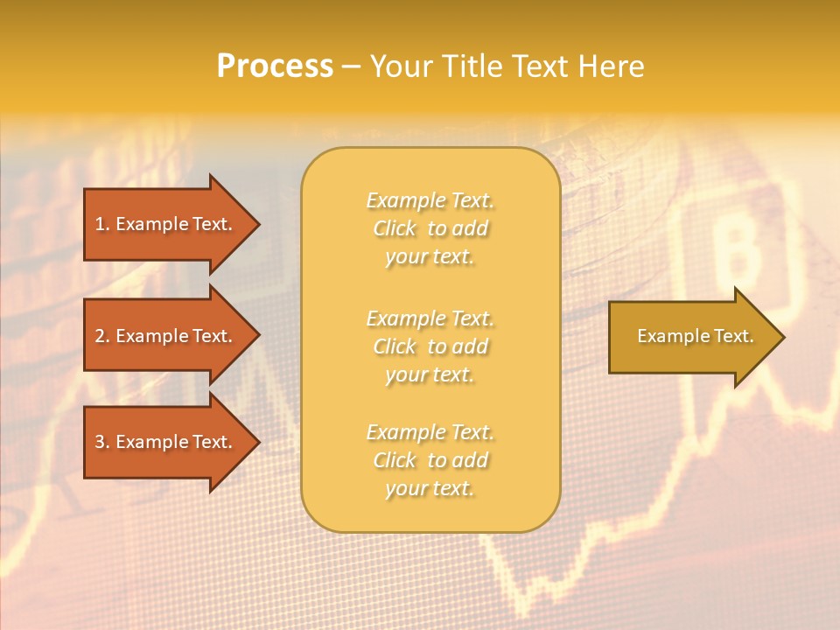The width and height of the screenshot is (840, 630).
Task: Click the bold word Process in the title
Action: (x=275, y=66)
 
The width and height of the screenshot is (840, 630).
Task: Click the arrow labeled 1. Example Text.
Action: (x=166, y=224)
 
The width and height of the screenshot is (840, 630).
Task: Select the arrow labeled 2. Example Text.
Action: (x=166, y=336)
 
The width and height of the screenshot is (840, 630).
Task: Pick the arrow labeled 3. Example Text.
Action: (x=166, y=442)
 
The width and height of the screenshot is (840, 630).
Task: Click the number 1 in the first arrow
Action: (x=100, y=224)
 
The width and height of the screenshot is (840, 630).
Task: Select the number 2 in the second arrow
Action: (x=100, y=336)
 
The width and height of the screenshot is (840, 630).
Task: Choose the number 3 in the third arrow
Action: (x=100, y=442)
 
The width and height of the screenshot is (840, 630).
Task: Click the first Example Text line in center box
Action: (x=430, y=200)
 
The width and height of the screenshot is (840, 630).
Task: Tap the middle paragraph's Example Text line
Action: (x=430, y=318)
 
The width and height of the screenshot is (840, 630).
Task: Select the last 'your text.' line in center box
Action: (x=430, y=489)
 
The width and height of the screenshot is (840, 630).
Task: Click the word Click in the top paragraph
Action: (x=395, y=228)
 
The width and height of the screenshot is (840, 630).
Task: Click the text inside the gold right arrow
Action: (x=696, y=336)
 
